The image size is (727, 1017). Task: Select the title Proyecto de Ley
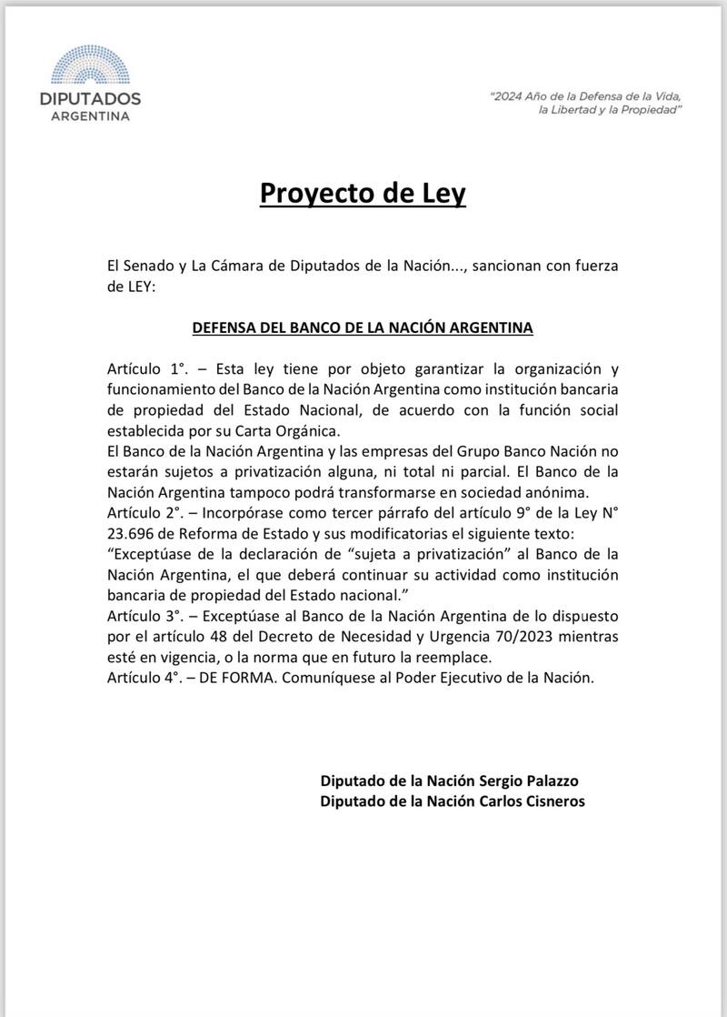coord(363,194)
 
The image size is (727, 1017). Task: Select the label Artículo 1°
coord(145,369)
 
